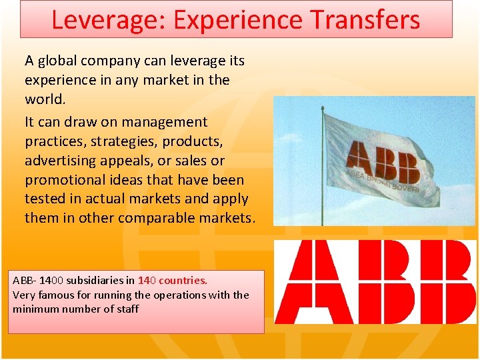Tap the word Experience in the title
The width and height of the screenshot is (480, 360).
[231, 19]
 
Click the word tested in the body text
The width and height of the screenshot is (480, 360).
[44, 199]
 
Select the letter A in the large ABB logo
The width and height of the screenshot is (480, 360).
[307, 283]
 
